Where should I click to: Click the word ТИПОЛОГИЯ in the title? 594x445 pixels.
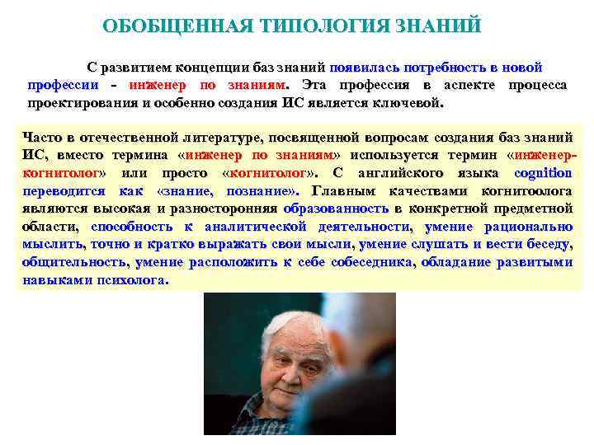315,26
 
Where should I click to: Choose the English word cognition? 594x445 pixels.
542,173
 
